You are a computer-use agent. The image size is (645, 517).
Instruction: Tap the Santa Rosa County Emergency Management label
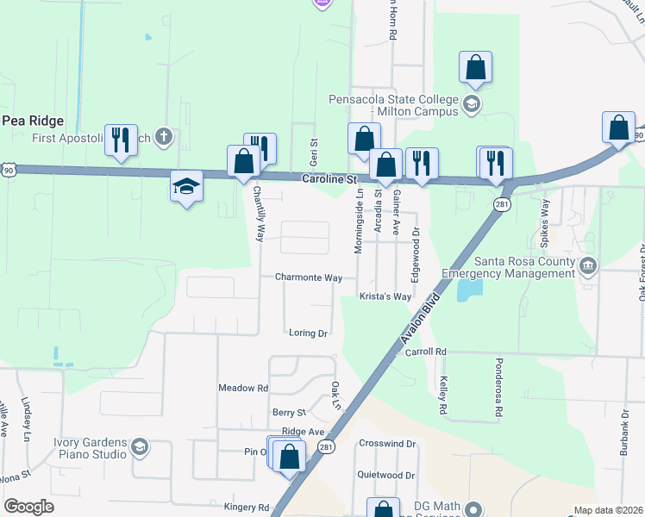point(507,267)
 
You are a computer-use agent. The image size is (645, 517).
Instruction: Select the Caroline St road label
point(329,178)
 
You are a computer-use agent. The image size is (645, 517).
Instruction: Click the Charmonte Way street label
point(309,278)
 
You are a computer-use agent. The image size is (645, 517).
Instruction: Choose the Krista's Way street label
point(385,296)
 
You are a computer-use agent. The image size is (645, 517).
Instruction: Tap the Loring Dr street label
point(309,333)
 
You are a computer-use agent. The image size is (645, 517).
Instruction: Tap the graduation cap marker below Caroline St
point(185,187)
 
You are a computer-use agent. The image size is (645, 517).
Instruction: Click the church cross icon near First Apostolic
point(164,137)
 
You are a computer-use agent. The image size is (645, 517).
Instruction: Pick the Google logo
point(28,507)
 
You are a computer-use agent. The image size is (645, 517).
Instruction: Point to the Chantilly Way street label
point(257,215)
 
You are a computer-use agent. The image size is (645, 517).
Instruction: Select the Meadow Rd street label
point(243,389)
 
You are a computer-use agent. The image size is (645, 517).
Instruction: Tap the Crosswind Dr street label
point(387,444)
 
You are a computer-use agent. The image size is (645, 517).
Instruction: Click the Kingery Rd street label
point(247,508)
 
